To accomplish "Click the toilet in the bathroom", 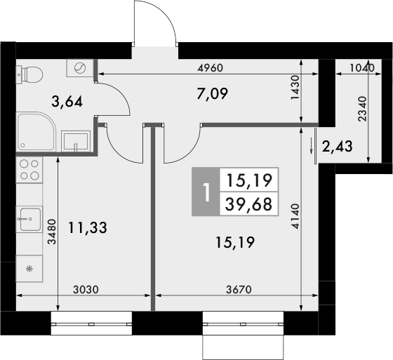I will point(29,73).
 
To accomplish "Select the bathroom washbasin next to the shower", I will point(75,140).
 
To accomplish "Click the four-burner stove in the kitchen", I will point(29,171).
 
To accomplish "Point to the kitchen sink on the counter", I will point(29,218).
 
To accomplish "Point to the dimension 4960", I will point(210,68).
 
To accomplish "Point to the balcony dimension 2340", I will point(362,109).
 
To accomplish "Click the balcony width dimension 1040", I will point(361,68).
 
